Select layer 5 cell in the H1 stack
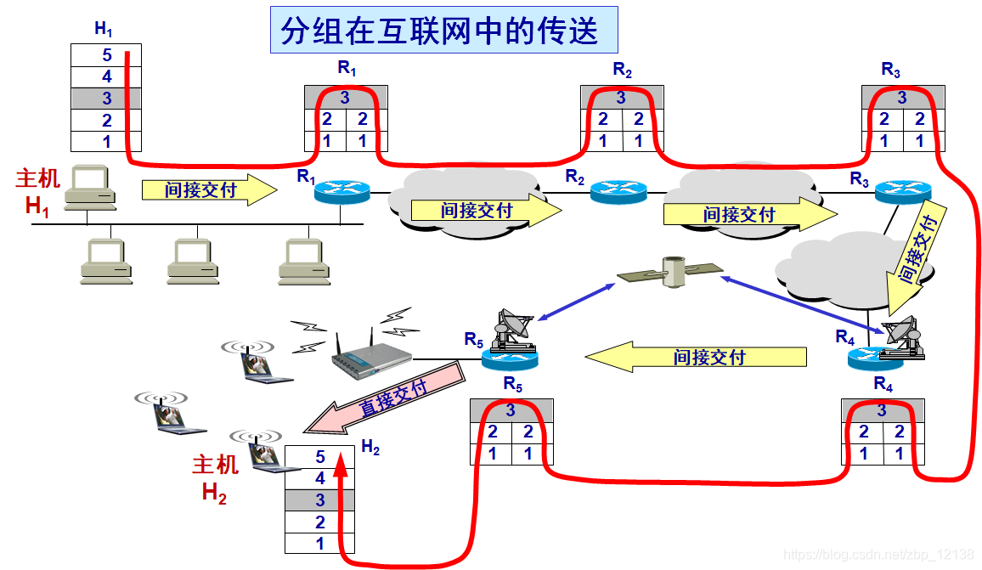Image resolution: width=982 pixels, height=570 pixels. [x=106, y=55]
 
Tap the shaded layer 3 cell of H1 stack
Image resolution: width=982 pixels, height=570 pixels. [x=106, y=99]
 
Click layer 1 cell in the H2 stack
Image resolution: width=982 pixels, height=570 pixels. [x=319, y=544]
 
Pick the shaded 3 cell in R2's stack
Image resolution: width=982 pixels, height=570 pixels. [x=621, y=98]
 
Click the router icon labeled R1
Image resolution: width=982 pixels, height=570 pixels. [x=341, y=191]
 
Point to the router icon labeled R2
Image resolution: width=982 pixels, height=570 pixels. [x=618, y=191]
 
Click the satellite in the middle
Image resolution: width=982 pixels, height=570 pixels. [x=670, y=272]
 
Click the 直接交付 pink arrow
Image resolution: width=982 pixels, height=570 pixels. [x=387, y=397]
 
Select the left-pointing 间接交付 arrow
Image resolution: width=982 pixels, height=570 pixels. [x=696, y=356]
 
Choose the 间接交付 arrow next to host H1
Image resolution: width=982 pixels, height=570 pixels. [x=209, y=190]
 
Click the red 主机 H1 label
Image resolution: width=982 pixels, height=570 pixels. [x=38, y=191]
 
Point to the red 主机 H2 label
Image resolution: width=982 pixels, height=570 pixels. [x=215, y=478]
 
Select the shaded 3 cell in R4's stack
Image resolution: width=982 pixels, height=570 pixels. [x=882, y=411]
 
